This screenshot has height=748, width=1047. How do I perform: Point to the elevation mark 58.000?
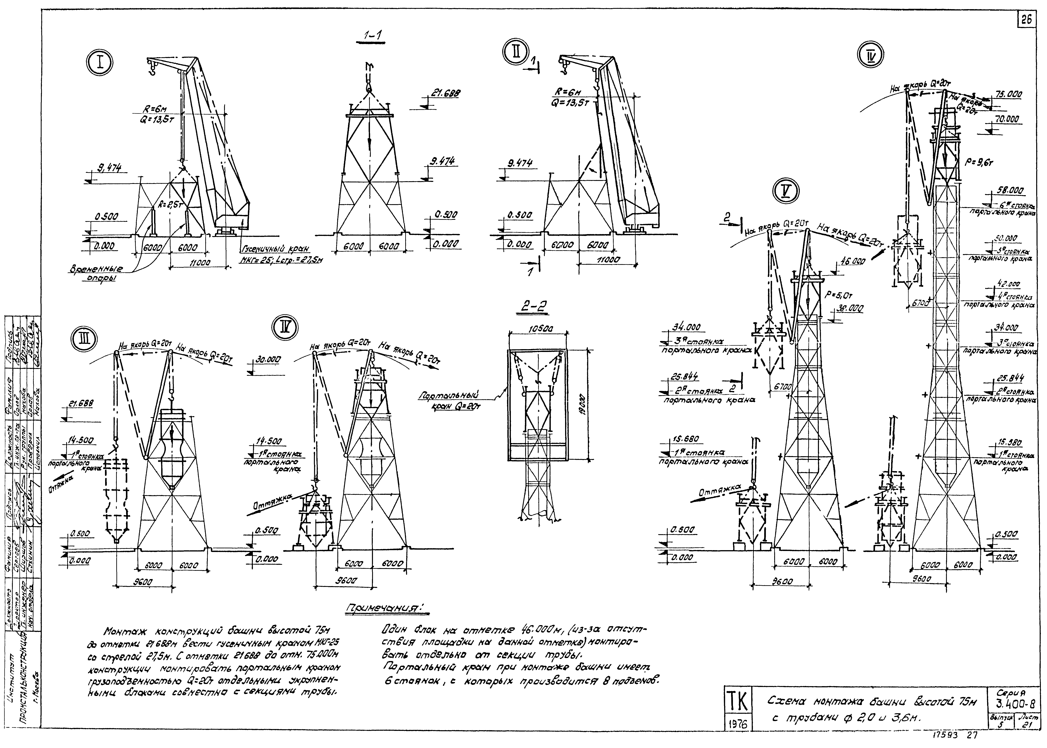coord(1008,190)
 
